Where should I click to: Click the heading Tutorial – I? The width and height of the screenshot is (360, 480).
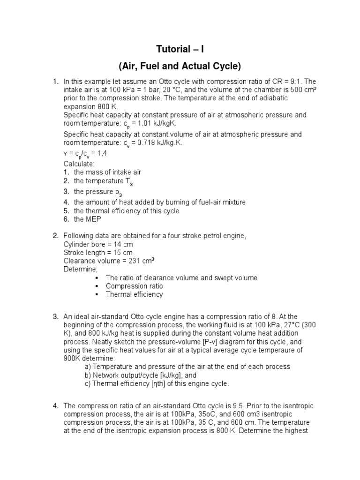coord(180,49)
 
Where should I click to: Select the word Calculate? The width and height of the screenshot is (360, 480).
coord(79,164)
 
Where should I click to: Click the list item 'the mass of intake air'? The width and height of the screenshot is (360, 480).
coord(107,172)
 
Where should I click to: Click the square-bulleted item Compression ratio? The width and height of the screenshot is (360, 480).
coord(134,286)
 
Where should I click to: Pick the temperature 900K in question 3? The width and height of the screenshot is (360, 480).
coord(72,358)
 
